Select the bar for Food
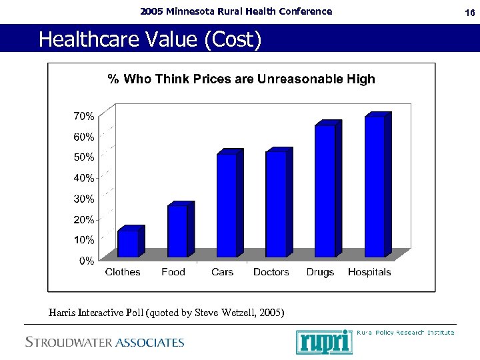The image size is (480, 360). point(178,231)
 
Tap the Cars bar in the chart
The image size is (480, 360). point(227,205)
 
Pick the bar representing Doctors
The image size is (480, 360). point(276,204)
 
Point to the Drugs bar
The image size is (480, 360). point(325,191)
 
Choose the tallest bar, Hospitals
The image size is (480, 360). point(375,187)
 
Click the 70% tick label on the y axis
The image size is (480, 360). point(83,116)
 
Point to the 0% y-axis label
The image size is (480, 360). point(86,261)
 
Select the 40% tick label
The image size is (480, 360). point(83,178)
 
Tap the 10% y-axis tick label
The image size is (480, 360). point(83,240)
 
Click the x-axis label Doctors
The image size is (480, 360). point(271,272)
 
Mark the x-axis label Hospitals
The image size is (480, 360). point(369,272)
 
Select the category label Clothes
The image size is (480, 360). point(123,272)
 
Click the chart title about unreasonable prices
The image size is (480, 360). point(241,79)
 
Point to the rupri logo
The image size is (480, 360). point(323,341)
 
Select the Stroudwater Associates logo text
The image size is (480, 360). point(105,343)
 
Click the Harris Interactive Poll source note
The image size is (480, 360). point(166,312)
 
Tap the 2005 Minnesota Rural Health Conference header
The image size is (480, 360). point(236,11)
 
